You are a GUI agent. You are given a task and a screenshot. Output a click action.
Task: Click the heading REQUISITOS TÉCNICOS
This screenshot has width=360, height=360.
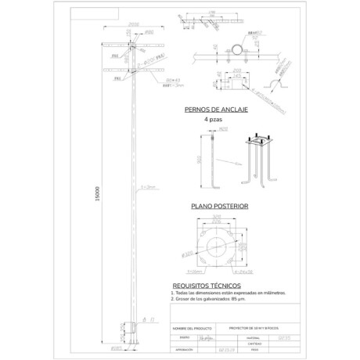(x=201, y=285)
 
